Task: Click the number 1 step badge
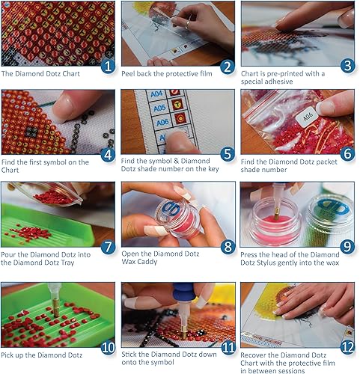(x=109, y=66)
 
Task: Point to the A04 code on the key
(x=155, y=96)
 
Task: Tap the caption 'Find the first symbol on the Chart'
(x=45, y=166)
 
